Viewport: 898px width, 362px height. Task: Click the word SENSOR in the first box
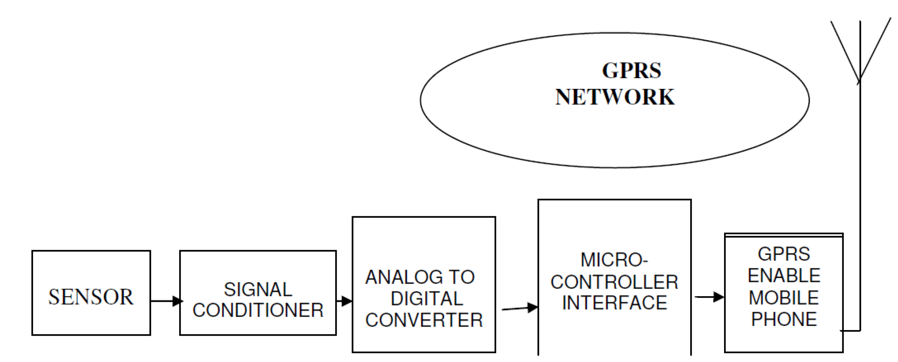click(90, 297)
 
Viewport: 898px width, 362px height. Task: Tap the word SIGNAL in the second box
click(258, 290)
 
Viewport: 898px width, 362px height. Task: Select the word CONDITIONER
click(258, 310)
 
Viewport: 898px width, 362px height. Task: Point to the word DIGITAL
click(427, 299)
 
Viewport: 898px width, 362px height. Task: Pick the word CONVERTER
click(424, 320)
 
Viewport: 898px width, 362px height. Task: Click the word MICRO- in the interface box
click(614, 260)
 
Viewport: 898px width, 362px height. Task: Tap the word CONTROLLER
click(614, 282)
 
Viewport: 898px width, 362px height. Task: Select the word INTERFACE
click(614, 303)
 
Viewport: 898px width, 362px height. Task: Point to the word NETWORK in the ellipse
click(615, 97)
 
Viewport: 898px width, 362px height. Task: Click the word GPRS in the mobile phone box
click(784, 255)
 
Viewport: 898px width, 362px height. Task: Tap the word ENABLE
click(784, 276)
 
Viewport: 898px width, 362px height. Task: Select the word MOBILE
click(784, 298)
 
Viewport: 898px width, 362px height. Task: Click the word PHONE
click(784, 319)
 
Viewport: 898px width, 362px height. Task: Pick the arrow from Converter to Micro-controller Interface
click(519, 308)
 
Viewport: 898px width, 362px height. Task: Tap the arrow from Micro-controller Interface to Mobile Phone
click(709, 297)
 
